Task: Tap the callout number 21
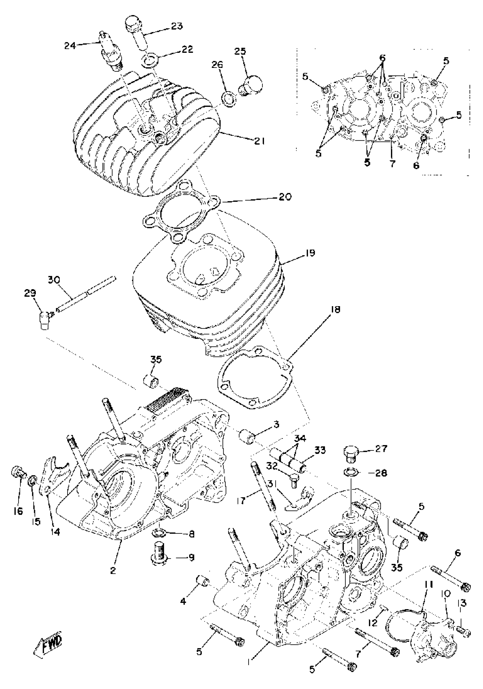tap(259, 141)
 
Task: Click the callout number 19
tap(310, 253)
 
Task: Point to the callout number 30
tap(54, 280)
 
